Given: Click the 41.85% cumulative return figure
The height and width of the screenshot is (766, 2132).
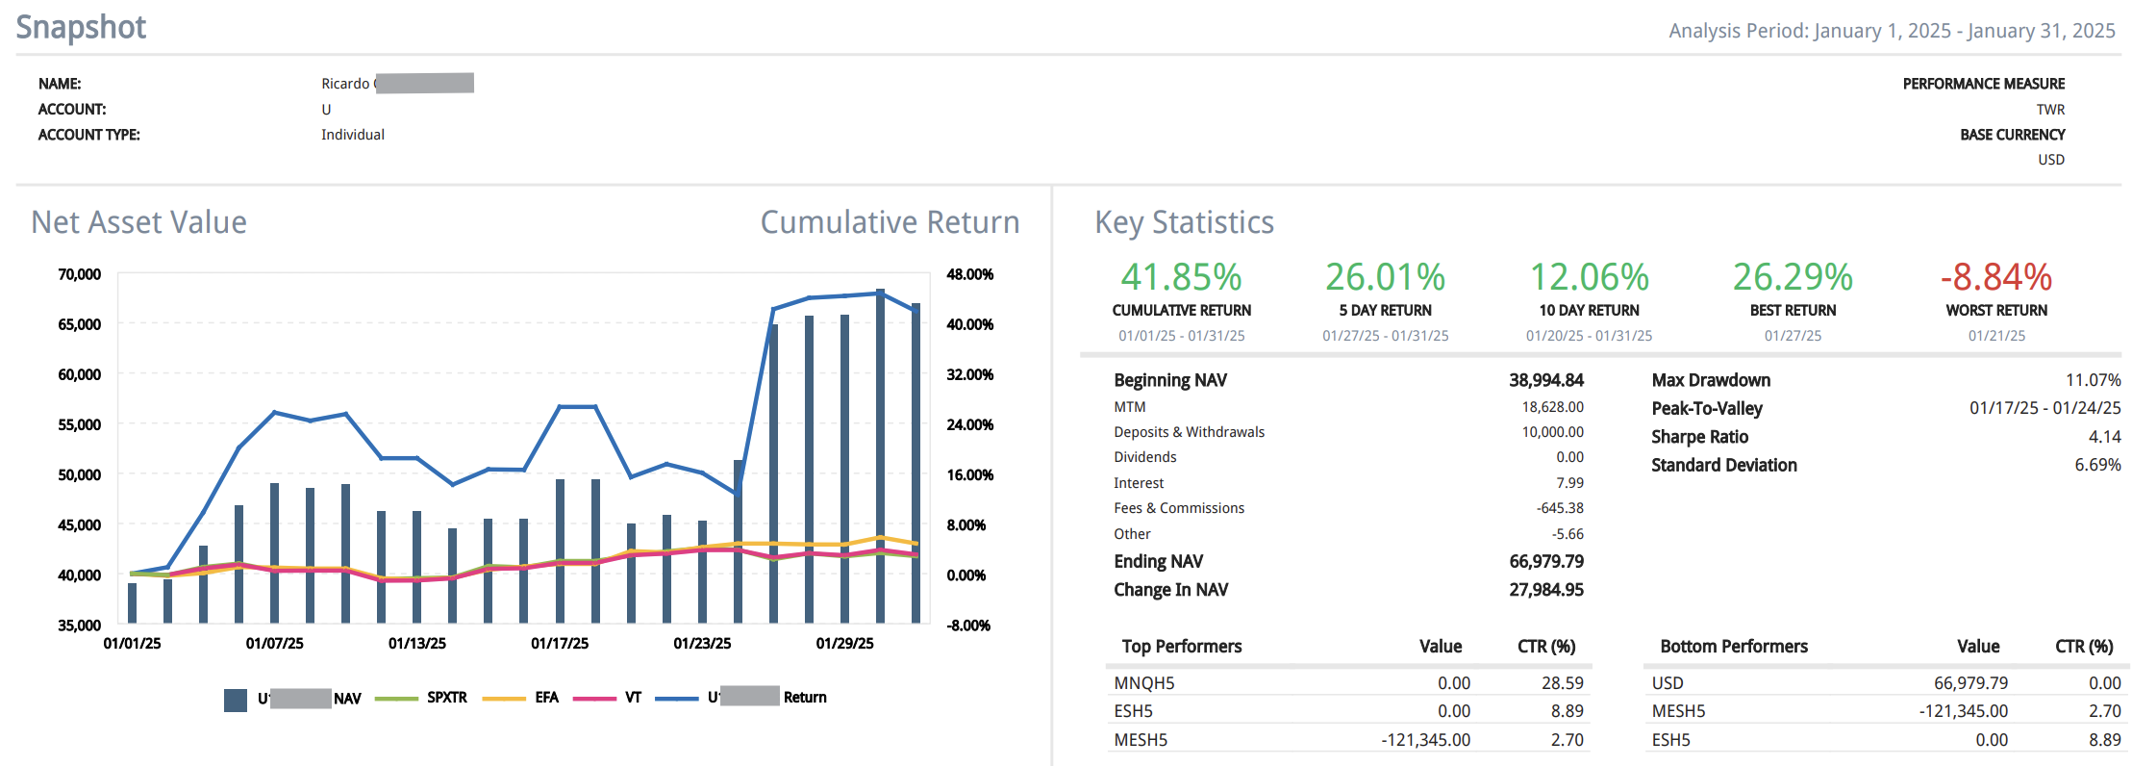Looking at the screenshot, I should (1181, 278).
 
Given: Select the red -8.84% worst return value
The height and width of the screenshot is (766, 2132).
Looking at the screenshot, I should (1995, 278).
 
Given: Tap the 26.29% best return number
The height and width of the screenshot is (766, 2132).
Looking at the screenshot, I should (1793, 278).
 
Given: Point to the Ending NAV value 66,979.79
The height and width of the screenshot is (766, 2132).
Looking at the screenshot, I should (1545, 561).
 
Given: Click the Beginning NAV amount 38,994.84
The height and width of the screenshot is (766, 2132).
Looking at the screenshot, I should (1545, 380).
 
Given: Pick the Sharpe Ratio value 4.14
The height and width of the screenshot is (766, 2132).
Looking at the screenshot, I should (2104, 437).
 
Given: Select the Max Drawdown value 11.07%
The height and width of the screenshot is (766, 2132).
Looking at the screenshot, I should (2093, 380).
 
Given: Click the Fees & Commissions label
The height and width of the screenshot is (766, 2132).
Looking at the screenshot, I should (1179, 508).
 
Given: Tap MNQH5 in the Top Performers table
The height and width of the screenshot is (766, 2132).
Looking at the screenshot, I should (1144, 683).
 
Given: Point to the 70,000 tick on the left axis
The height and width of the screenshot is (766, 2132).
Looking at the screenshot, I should (80, 274).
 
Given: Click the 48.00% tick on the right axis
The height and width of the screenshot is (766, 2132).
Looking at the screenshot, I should (969, 274).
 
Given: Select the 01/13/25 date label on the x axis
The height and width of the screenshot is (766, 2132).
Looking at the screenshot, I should (417, 643).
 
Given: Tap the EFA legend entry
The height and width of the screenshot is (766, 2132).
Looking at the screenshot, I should (546, 698).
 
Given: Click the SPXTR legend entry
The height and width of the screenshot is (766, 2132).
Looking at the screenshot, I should (446, 698).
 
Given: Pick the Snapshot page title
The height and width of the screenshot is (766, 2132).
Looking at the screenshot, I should (82, 27).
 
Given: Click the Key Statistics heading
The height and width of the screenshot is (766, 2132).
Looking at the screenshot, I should (1184, 222).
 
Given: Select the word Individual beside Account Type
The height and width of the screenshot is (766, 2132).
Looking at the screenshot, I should (353, 135).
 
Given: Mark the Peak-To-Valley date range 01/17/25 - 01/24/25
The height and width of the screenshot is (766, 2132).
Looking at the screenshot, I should (2044, 408).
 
